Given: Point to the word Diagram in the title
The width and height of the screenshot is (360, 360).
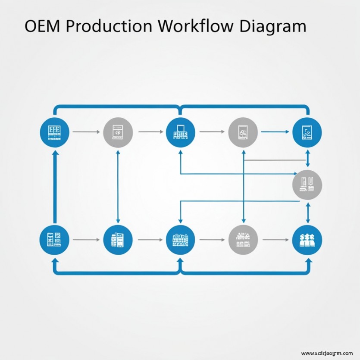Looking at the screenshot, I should point(272,27).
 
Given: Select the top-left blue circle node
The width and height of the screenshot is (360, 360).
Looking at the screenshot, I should point(54,131).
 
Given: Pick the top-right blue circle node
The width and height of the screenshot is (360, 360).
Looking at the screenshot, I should point(307,131).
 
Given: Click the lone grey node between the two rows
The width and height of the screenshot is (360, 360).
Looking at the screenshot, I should point(307,184).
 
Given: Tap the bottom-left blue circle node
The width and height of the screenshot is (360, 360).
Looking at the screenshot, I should point(54,239).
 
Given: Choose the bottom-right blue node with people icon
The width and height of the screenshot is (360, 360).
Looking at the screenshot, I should point(307,239).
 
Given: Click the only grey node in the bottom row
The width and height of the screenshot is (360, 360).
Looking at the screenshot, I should point(243,239).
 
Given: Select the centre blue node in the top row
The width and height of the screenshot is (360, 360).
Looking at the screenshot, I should point(180,131).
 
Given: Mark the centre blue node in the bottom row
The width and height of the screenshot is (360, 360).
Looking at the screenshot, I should point(180,239).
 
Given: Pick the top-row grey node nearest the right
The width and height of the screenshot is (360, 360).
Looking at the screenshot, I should point(243,131).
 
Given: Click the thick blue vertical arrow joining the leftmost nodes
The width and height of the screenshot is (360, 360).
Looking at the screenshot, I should point(54,185).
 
